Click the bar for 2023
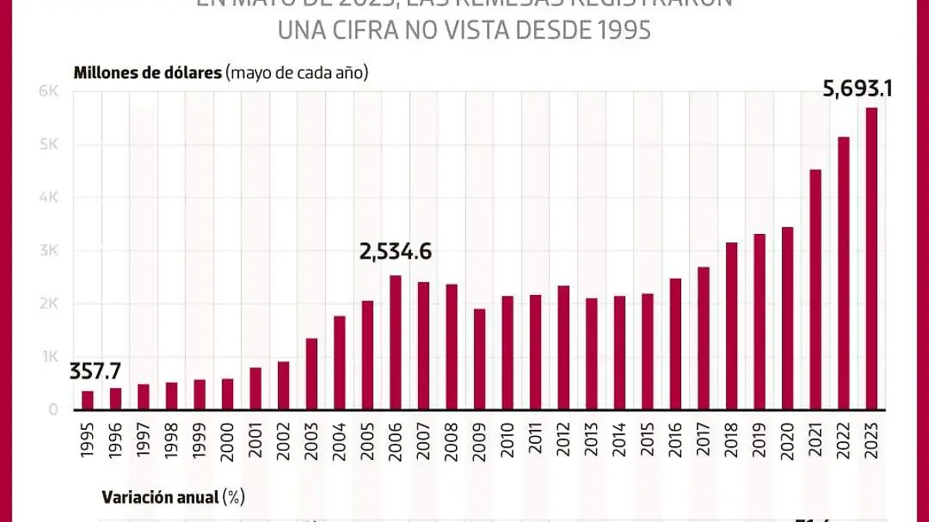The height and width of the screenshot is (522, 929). click(x=871, y=259)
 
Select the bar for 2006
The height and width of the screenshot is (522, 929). click(x=395, y=342)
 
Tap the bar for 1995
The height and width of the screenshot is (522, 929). click(x=87, y=400)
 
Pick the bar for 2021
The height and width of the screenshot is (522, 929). click(x=815, y=290)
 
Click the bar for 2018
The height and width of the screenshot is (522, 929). click(x=732, y=326)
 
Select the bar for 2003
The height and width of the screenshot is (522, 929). click(x=311, y=374)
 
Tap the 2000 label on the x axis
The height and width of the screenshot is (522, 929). click(x=228, y=442)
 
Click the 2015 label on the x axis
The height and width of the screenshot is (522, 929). click(x=647, y=442)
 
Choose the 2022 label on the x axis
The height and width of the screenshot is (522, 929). click(x=843, y=442)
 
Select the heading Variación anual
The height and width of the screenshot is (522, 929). click(x=159, y=497)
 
